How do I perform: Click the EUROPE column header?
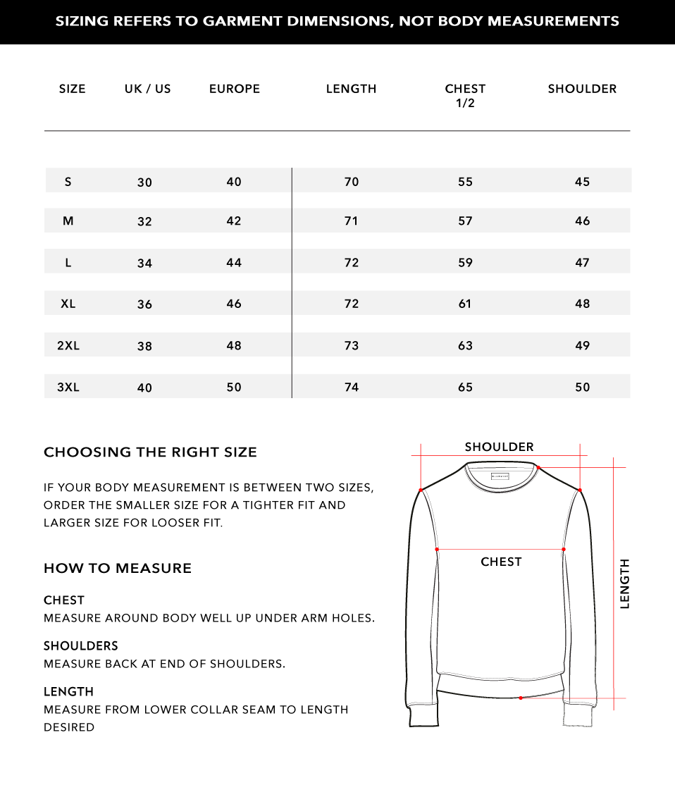tap(235, 89)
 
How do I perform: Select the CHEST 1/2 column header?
tap(465, 95)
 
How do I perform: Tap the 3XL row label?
tap(68, 387)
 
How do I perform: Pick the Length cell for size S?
tap(352, 182)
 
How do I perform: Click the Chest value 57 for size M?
tap(465, 221)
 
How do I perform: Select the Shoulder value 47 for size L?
tap(582, 262)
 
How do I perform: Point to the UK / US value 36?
tap(144, 304)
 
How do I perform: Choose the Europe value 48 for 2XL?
tap(234, 345)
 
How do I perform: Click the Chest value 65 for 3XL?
tap(465, 387)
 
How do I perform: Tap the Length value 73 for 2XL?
tap(352, 345)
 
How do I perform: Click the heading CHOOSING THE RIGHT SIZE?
tap(150, 452)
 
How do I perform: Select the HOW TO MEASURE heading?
tap(118, 569)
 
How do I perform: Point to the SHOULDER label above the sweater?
tap(499, 447)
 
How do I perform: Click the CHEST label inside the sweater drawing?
tap(501, 562)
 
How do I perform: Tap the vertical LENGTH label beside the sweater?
tap(625, 583)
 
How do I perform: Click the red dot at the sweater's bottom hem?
tap(521, 698)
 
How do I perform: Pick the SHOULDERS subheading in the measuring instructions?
tap(81, 645)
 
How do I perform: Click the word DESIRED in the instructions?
tap(69, 727)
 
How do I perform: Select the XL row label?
tap(68, 304)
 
